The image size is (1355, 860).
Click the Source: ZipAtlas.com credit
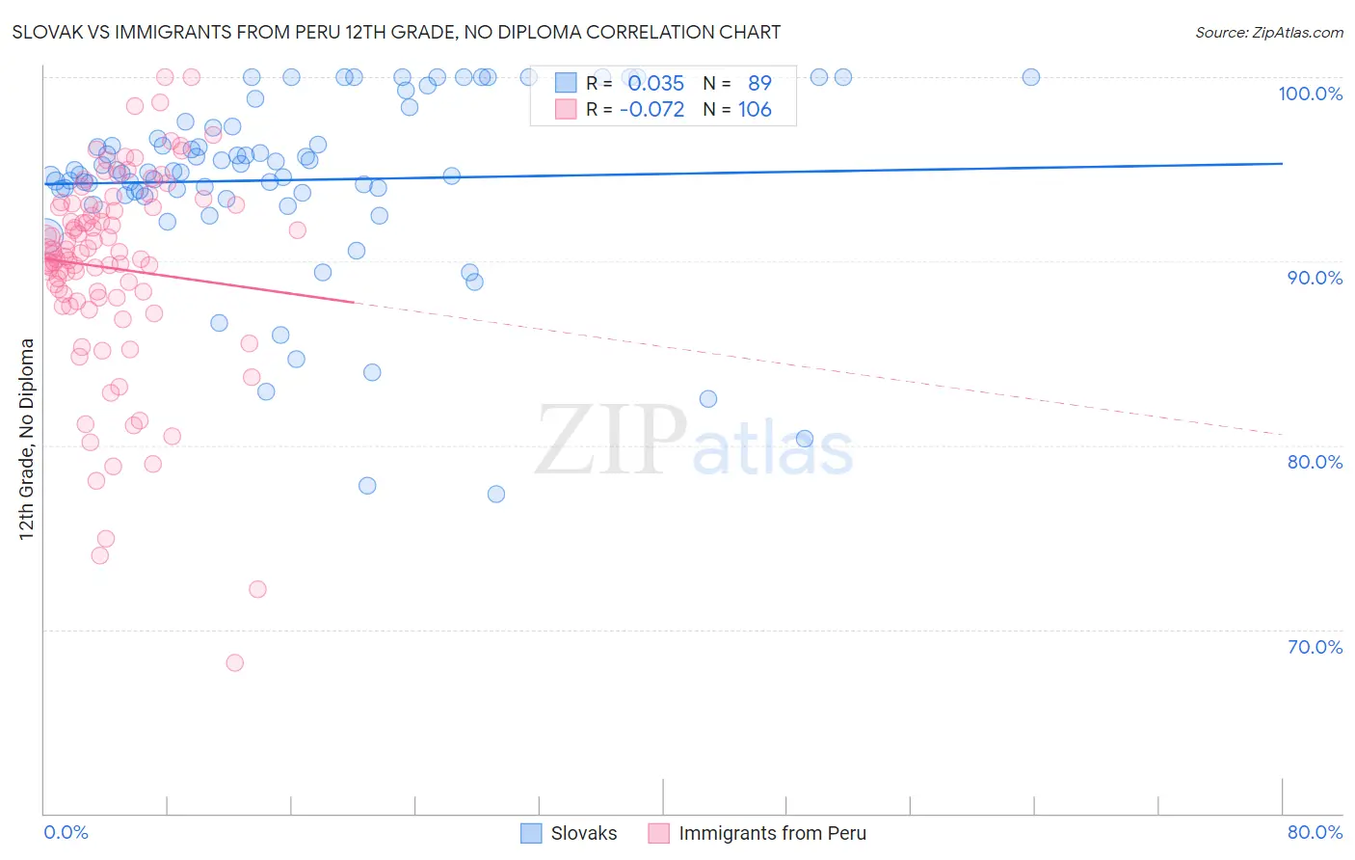(x=1268, y=32)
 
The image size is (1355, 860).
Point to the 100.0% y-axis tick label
(x=1310, y=94)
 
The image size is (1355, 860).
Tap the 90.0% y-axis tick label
(x=1315, y=278)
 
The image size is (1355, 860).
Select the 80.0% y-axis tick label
(x=1315, y=462)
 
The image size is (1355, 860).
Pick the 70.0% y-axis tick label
(x=1315, y=647)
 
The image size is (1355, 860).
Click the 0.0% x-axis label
(x=66, y=832)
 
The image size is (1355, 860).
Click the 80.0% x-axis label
(x=1315, y=832)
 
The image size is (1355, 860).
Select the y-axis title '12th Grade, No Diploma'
(x=27, y=439)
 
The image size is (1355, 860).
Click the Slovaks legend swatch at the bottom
(x=531, y=833)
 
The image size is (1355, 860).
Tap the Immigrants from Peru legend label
(x=772, y=833)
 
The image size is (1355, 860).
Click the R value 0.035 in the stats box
(x=655, y=84)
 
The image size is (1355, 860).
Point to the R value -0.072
(x=651, y=110)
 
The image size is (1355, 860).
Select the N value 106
(x=755, y=110)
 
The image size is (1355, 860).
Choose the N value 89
(x=759, y=84)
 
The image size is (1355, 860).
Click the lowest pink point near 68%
(x=234, y=662)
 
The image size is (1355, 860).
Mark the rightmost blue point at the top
(x=1030, y=77)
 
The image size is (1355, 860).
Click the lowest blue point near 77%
(x=496, y=494)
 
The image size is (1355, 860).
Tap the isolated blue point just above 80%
(x=805, y=439)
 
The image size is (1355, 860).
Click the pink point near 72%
(x=257, y=589)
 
